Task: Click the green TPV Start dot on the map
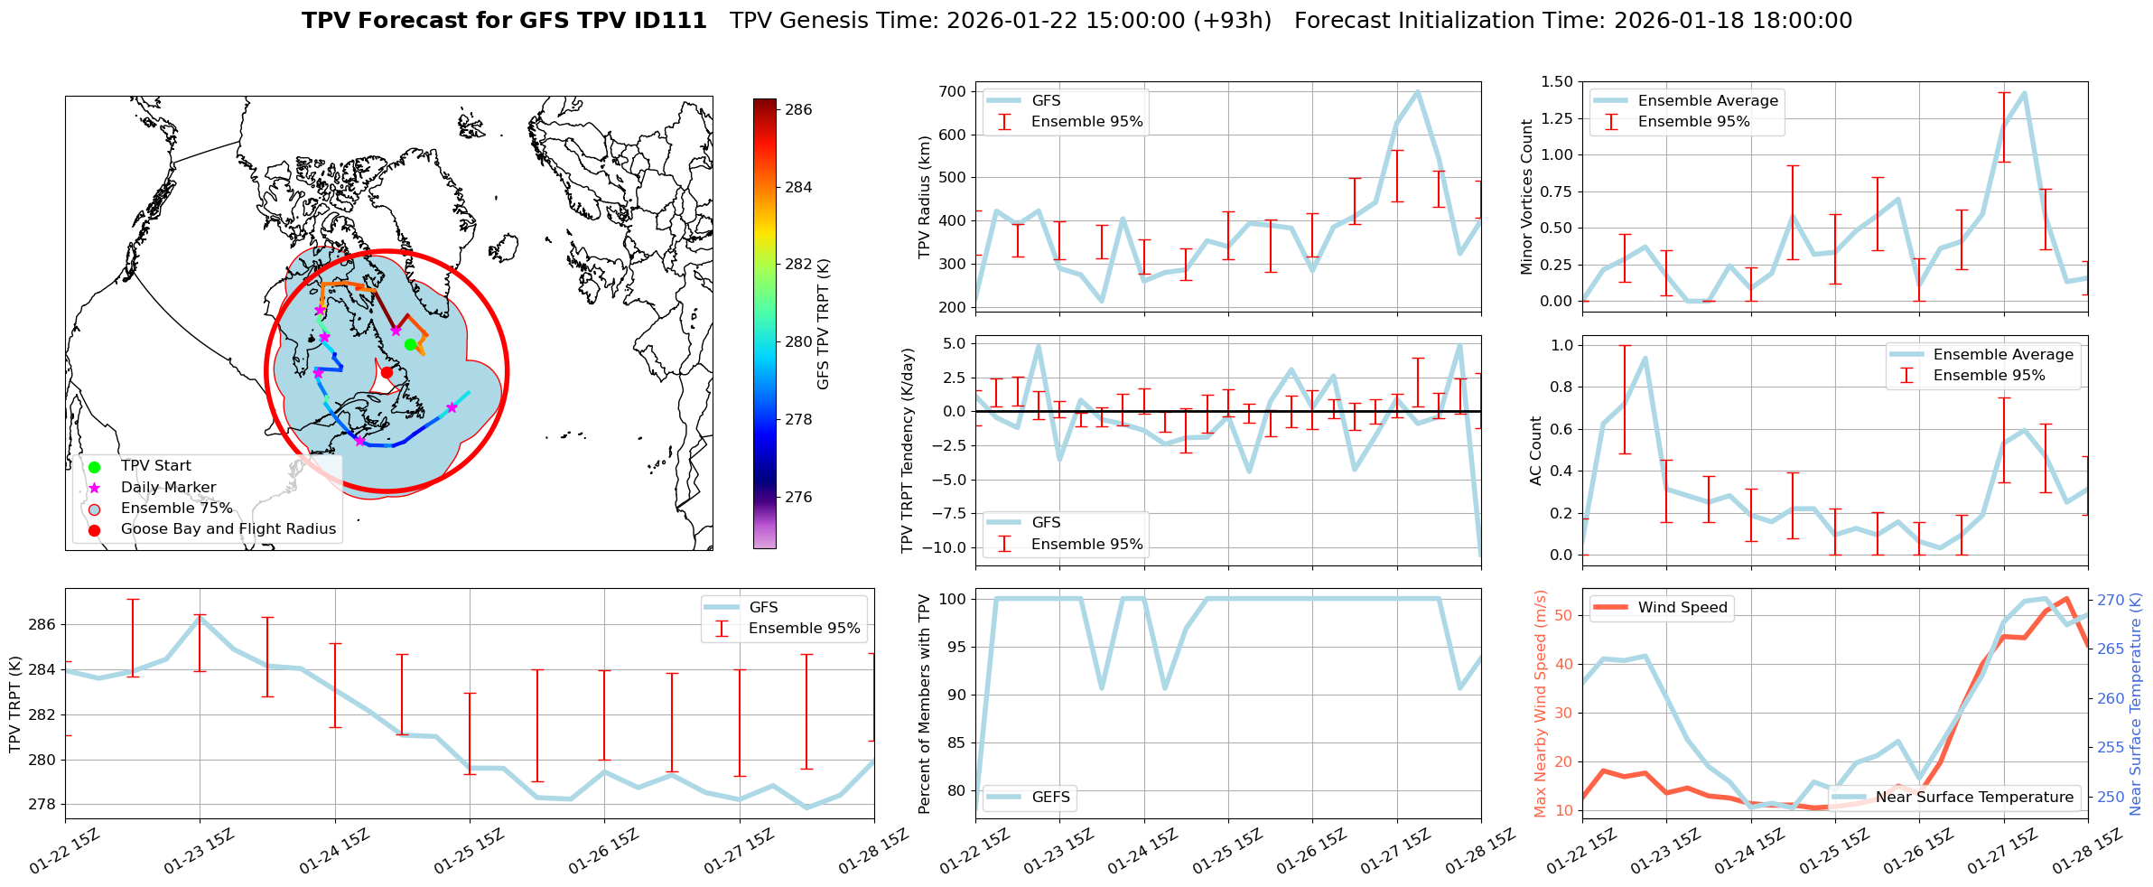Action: (410, 344)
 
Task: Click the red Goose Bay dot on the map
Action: (387, 372)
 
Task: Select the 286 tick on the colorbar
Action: (798, 110)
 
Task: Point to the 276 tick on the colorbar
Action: (798, 497)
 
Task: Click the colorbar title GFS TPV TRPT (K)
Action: (823, 324)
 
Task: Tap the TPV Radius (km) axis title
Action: (924, 197)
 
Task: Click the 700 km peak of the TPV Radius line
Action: (1417, 91)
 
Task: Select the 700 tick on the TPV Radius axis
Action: (953, 91)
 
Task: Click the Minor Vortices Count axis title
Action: (1527, 197)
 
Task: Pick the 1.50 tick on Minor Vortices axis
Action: (1555, 81)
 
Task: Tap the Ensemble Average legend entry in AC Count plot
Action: (2003, 355)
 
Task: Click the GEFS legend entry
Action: (1050, 797)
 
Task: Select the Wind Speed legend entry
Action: (1682, 608)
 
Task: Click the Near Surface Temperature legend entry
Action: (1974, 797)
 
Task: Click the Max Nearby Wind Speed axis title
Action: (1541, 704)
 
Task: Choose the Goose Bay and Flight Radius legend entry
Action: (228, 529)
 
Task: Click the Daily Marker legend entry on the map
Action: (168, 488)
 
